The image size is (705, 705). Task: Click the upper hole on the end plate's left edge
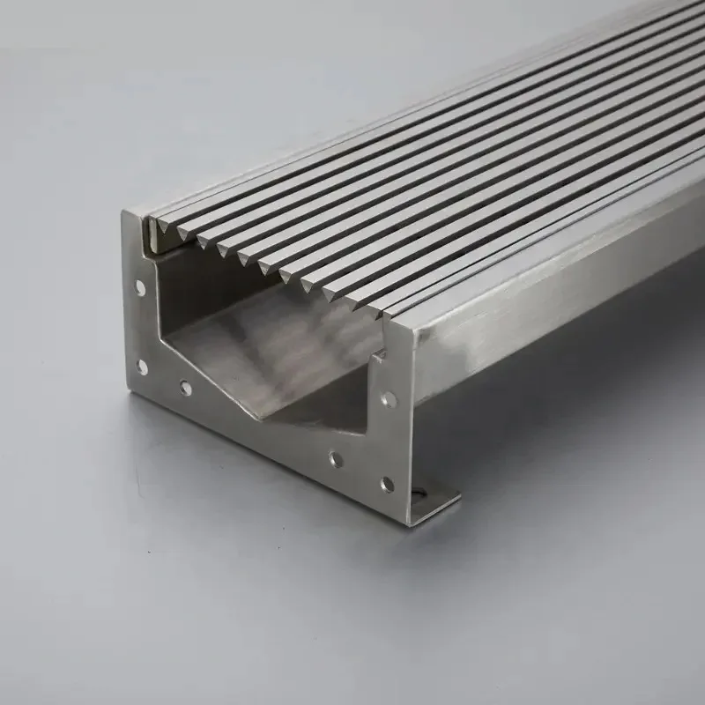[140, 287]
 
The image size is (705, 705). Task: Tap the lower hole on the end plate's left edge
[141, 366]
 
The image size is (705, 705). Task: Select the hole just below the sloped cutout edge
[186, 387]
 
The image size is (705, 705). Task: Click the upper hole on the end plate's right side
[389, 399]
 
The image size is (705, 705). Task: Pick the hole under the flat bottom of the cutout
[335, 459]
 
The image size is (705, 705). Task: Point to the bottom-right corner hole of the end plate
[387, 484]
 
